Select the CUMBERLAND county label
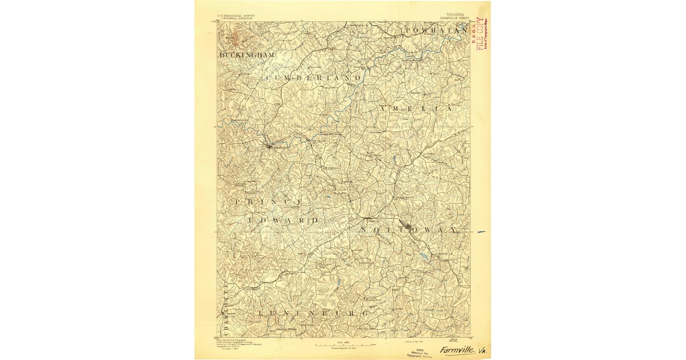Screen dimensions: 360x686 [x=314, y=77]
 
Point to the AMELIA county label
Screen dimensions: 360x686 [x=416, y=108]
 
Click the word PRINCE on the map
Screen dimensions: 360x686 [x=269, y=202]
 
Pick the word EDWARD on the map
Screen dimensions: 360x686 [x=283, y=220]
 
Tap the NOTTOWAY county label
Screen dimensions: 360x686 [x=409, y=230]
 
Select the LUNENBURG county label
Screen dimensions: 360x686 [x=313, y=314]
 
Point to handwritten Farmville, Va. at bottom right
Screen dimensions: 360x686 [x=462, y=349]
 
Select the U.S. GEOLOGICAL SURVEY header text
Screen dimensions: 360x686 [x=236, y=16]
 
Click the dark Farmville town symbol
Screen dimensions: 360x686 [x=269, y=147]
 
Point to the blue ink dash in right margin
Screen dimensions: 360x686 [x=481, y=232]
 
